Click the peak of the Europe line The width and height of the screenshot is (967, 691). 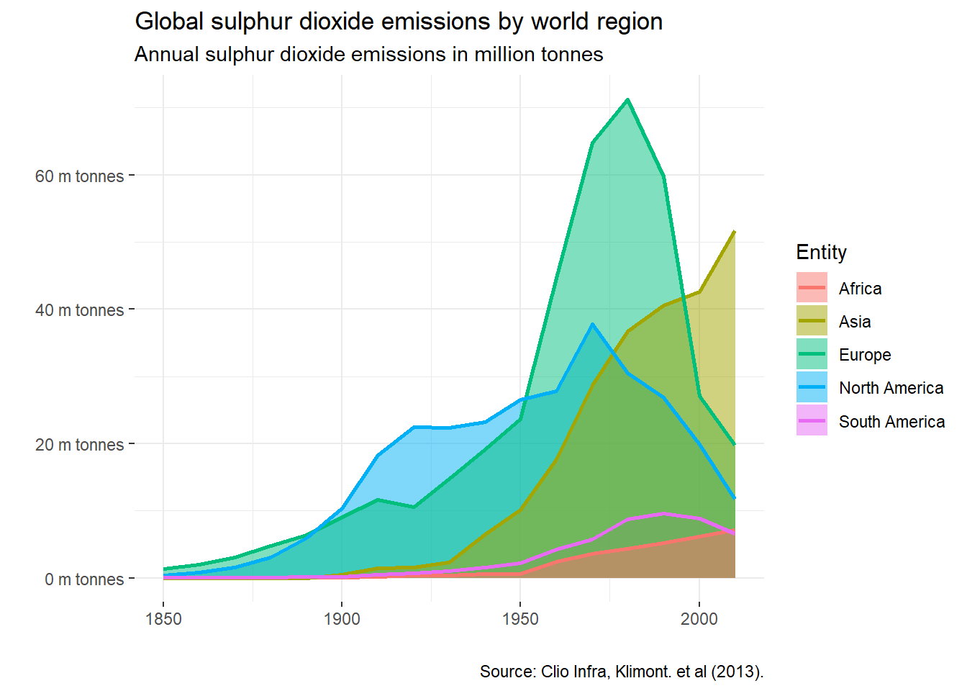click(628, 99)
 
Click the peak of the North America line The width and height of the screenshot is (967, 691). click(592, 324)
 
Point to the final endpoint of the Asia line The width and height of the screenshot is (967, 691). click(735, 232)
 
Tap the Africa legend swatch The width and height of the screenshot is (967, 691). click(812, 288)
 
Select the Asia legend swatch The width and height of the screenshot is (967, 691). click(812, 321)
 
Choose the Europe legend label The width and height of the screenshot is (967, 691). click(865, 355)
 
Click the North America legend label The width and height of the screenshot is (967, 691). click(891, 388)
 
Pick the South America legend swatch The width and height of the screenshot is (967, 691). click(812, 421)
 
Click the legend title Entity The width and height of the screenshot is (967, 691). click(821, 253)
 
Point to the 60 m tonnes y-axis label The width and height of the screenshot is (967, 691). click(79, 176)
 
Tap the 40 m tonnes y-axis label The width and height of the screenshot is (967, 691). click(79, 310)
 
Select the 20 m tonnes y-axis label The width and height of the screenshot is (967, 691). click(79, 445)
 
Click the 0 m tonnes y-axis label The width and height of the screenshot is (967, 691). click(83, 579)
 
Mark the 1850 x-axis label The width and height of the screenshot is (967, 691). click(163, 619)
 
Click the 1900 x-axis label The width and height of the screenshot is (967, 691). click(342, 619)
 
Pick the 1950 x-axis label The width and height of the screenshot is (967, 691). click(520, 619)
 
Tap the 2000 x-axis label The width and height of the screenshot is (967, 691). click(699, 619)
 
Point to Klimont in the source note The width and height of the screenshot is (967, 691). click(642, 672)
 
